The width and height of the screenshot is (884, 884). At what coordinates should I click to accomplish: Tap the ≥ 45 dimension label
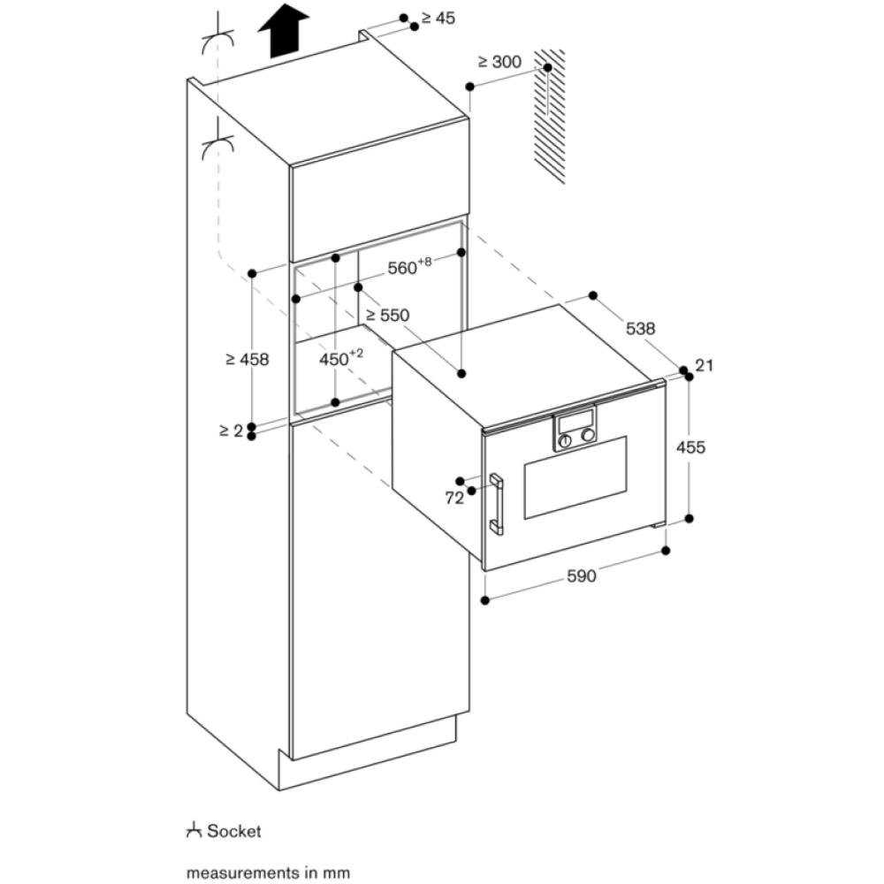pyautogui.click(x=438, y=18)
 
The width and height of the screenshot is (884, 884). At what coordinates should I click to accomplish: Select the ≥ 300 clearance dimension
pyautogui.click(x=499, y=62)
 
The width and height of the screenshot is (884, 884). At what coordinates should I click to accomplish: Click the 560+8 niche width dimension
pyautogui.click(x=408, y=268)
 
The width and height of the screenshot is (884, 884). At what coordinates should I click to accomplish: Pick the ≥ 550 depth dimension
pyautogui.click(x=388, y=314)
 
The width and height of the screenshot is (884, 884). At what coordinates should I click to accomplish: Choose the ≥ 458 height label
pyautogui.click(x=247, y=359)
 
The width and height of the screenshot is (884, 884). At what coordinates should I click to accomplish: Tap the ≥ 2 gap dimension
pyautogui.click(x=230, y=431)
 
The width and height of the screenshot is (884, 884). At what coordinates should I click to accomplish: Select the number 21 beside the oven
pyautogui.click(x=705, y=365)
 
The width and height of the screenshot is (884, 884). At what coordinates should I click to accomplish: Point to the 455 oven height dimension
pyautogui.click(x=690, y=447)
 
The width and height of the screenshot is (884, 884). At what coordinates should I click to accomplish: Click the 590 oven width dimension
pyautogui.click(x=581, y=576)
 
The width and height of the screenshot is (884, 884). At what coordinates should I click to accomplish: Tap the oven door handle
pyautogui.click(x=497, y=504)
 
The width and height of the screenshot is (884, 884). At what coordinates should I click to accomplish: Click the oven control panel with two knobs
pyautogui.click(x=575, y=431)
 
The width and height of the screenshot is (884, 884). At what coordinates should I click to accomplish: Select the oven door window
pyautogui.click(x=575, y=477)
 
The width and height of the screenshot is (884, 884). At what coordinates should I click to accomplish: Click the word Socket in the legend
pyautogui.click(x=234, y=832)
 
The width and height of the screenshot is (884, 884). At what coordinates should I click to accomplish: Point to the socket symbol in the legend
pyautogui.click(x=194, y=831)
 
